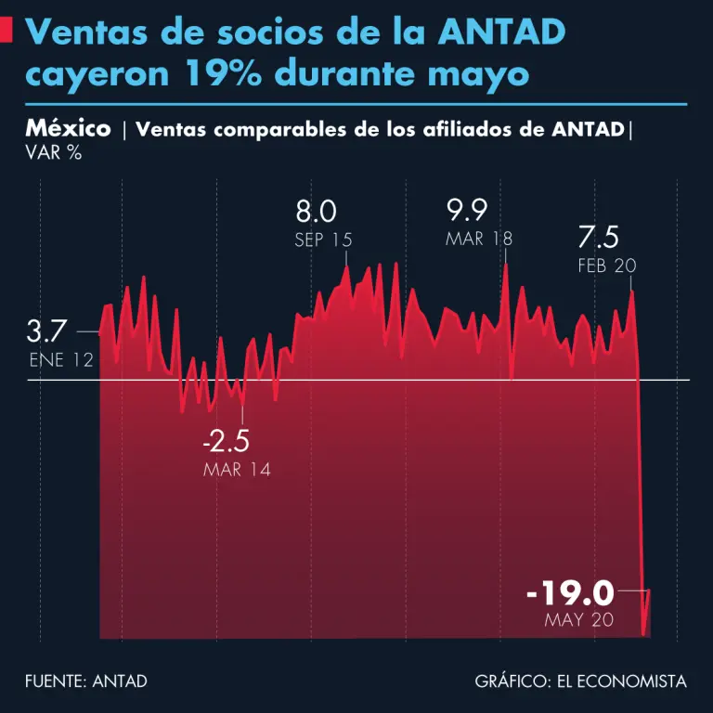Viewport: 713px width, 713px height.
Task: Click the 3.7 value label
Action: pyautogui.click(x=46, y=331)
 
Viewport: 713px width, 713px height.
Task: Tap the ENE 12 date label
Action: pyautogui.click(x=61, y=360)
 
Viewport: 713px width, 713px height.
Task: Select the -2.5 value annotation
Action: pyautogui.click(x=226, y=439)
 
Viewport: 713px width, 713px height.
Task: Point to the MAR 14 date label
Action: pyautogui.click(x=237, y=470)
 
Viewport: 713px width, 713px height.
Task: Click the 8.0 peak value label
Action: pyautogui.click(x=317, y=209)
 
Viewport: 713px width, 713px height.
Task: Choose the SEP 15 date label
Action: pyautogui.click(x=323, y=240)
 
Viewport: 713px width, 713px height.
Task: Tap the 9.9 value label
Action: pyautogui.click(x=467, y=207)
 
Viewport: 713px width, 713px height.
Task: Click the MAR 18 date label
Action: pyautogui.click(x=478, y=239)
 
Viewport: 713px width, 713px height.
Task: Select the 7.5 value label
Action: pyautogui.click(x=598, y=236)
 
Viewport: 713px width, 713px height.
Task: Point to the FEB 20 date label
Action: pyautogui.click(x=606, y=266)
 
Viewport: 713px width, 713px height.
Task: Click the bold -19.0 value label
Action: pyautogui.click(x=570, y=591)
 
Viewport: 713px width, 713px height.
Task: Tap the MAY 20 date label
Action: pyautogui.click(x=579, y=620)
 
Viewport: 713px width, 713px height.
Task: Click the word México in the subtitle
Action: pyautogui.click(x=68, y=128)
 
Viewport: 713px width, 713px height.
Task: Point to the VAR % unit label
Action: pyautogui.click(x=54, y=153)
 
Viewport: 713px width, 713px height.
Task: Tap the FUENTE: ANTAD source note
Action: pyautogui.click(x=86, y=681)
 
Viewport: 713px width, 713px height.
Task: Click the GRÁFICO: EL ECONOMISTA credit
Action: pyautogui.click(x=580, y=681)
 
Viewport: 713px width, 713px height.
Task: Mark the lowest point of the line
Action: pyautogui.click(x=643, y=634)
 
